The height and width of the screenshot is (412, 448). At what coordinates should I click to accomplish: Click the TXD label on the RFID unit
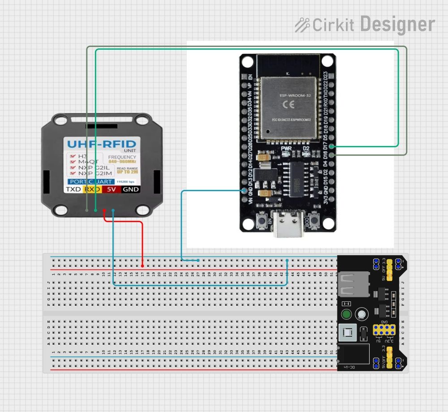click(x=74, y=189)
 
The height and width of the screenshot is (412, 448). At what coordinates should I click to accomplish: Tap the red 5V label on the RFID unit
click(x=112, y=189)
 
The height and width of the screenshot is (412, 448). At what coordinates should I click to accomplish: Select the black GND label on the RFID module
click(x=131, y=189)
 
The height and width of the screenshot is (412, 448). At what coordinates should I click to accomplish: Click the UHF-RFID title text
click(x=101, y=144)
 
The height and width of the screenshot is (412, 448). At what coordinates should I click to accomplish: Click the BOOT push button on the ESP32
click(x=315, y=221)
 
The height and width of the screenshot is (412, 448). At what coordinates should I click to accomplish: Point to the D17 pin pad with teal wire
click(x=332, y=146)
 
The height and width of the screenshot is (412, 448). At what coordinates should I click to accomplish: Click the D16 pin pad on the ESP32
click(x=332, y=154)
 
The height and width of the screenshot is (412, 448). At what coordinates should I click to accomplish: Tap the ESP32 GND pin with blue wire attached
click(x=244, y=191)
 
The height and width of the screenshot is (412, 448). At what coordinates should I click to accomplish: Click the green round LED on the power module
click(x=346, y=314)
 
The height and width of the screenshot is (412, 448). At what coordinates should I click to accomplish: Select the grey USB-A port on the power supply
click(x=352, y=284)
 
